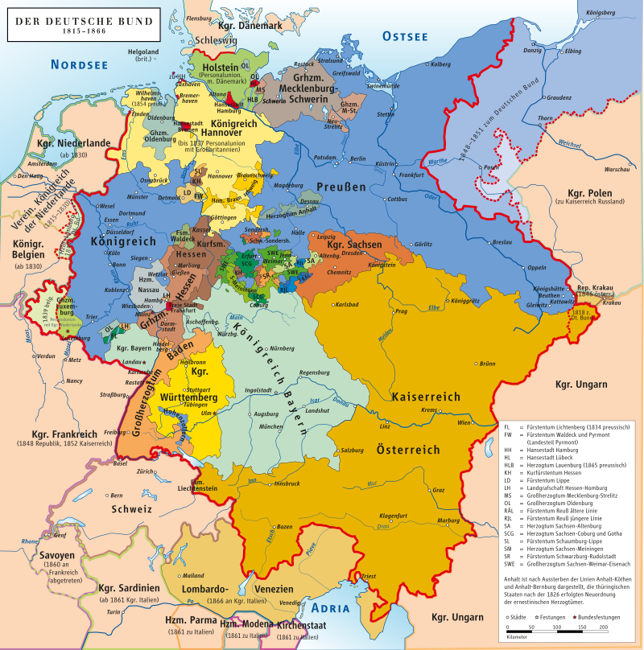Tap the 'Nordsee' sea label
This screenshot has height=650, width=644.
pos(79,65)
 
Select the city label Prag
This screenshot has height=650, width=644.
pos(402,311)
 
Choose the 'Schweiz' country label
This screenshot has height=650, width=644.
pos(132,509)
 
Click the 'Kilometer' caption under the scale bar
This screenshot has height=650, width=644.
pos(518,636)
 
